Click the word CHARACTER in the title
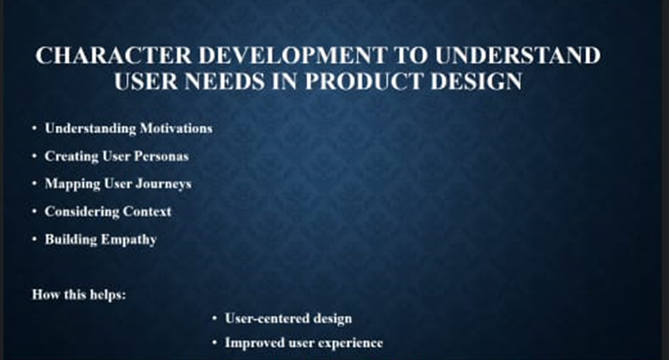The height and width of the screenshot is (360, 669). pyautogui.click(x=113, y=56)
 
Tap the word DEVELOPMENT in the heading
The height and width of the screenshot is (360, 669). pyautogui.click(x=292, y=56)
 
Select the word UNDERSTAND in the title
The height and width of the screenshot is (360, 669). pyautogui.click(x=517, y=56)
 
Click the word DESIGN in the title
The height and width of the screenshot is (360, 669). pyautogui.click(x=476, y=81)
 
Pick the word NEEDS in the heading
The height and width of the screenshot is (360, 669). pyautogui.click(x=225, y=81)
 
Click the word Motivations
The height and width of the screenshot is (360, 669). pyautogui.click(x=176, y=129)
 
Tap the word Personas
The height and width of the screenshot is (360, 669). pyautogui.click(x=161, y=156)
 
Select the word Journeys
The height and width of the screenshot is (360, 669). pyautogui.click(x=164, y=184)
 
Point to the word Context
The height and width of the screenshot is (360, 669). pyautogui.click(x=148, y=212)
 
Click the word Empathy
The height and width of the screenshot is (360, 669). pyautogui.click(x=129, y=240)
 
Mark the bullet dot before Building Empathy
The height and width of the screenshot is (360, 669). pyautogui.click(x=34, y=239)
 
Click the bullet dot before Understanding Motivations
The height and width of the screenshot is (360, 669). pyautogui.click(x=34, y=129)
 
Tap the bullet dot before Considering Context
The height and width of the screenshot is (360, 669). pyautogui.click(x=34, y=212)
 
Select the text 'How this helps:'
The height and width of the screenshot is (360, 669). pyautogui.click(x=80, y=295)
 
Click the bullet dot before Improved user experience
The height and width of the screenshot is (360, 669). pyautogui.click(x=215, y=343)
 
